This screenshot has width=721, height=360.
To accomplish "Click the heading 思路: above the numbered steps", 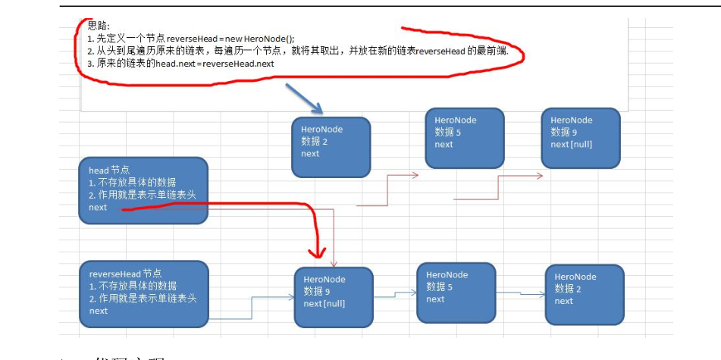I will pos(99,25).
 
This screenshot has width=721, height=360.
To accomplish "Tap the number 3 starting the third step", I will pos(89,64).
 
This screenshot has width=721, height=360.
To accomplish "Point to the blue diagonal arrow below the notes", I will pos(304,99).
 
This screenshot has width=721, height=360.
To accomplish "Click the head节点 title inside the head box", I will pos(109,171).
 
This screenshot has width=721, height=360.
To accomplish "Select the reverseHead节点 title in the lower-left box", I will pos(125,274).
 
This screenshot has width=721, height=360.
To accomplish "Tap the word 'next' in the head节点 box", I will pos(98,207).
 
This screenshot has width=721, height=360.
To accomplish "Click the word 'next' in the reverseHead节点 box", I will pos(99,311).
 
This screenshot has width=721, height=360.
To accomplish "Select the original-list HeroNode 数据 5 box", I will pos(464,137).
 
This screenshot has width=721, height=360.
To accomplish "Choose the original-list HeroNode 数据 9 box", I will pos(580,137).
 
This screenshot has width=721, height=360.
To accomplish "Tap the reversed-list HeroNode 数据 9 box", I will pos(333,296).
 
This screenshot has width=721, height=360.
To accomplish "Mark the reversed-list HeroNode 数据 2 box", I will pos(584,293).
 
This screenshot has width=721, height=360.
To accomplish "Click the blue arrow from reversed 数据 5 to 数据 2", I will pos(520,293).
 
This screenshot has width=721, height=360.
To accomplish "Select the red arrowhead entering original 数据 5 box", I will pos(414,175).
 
